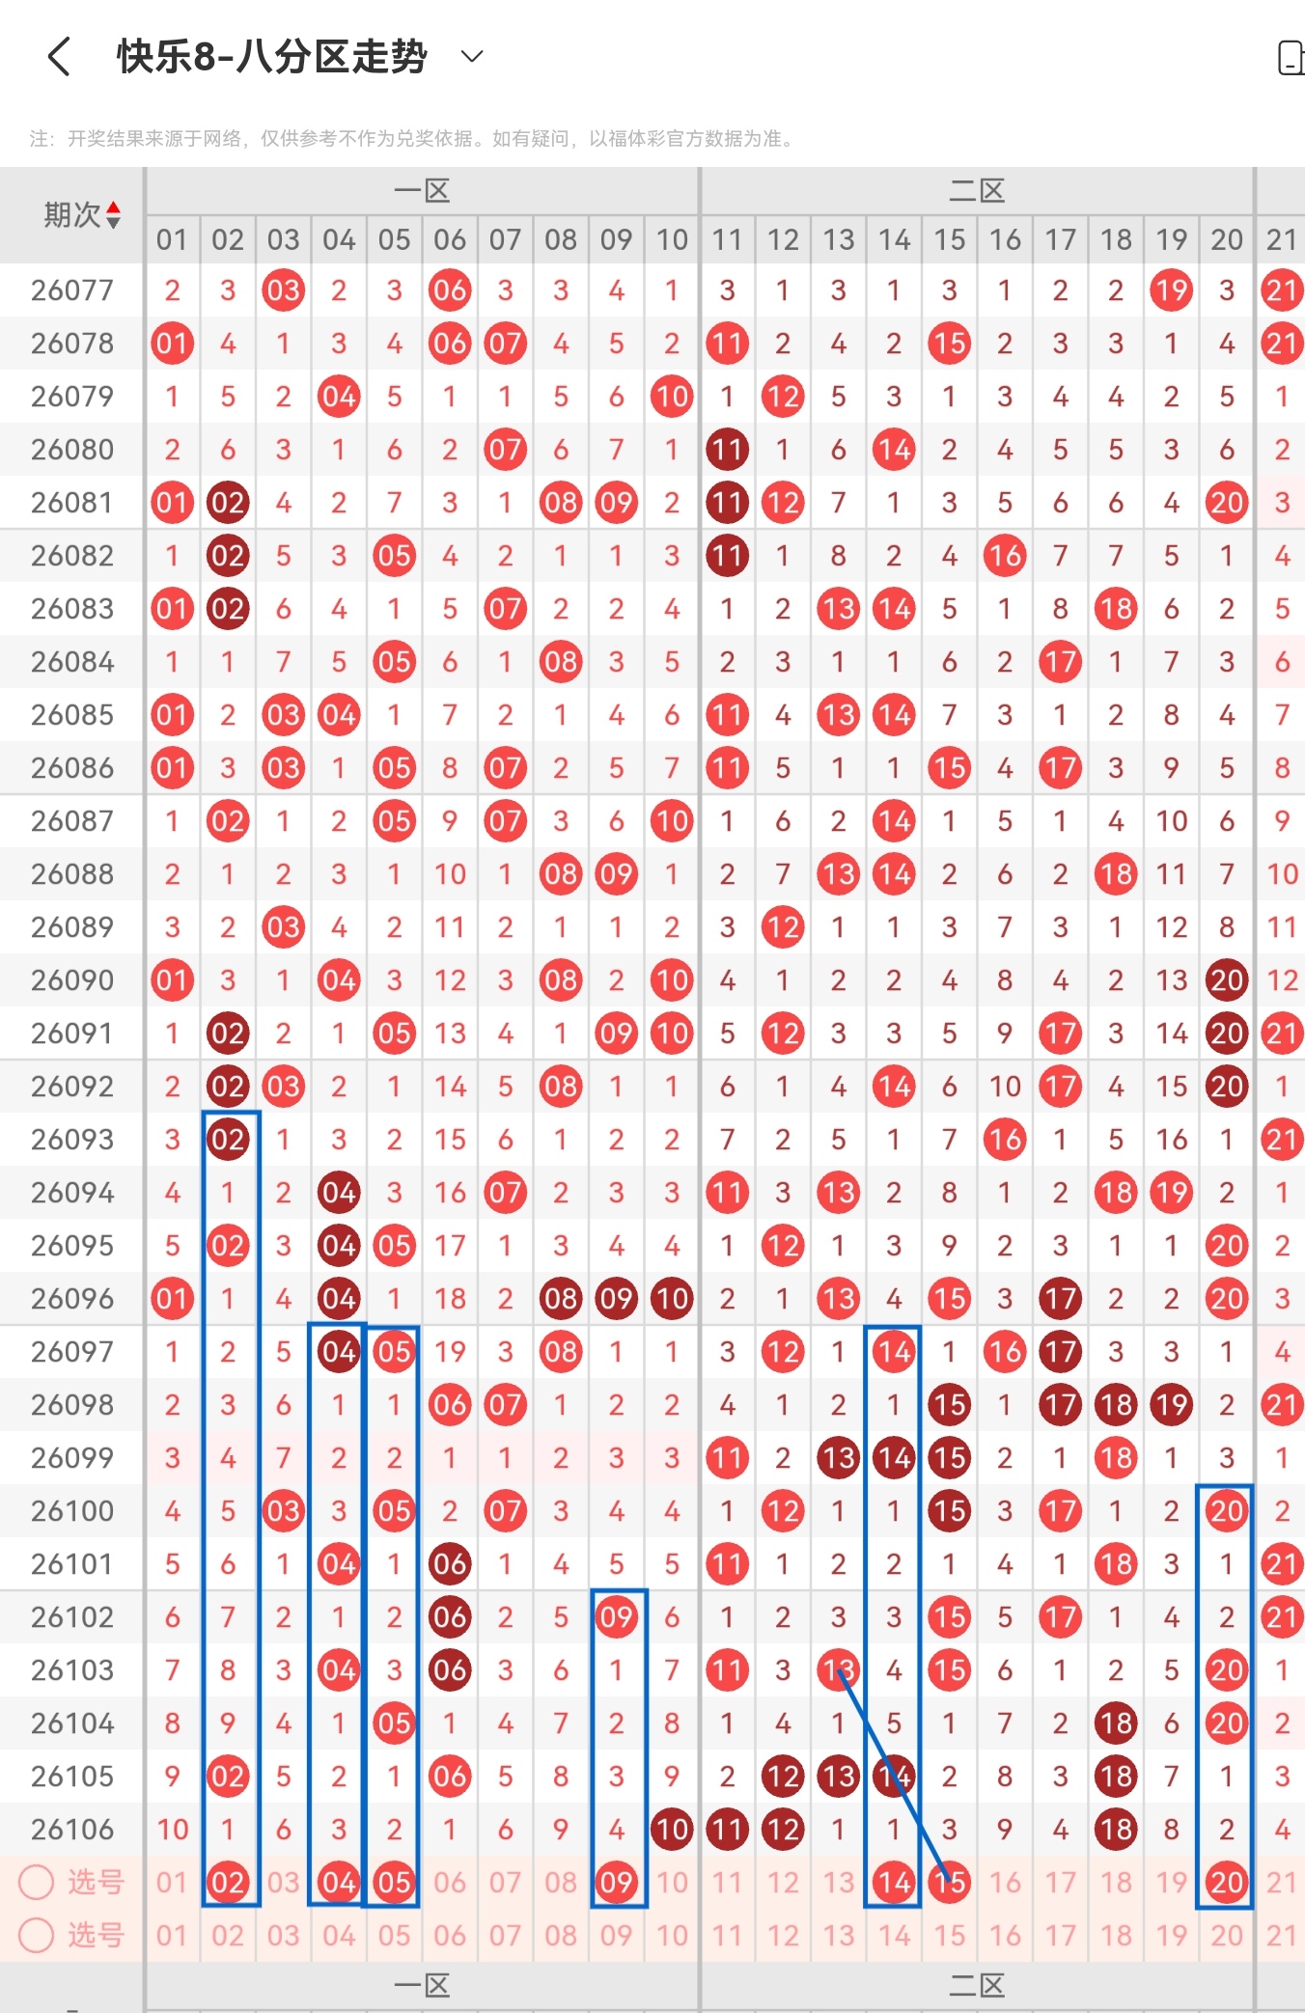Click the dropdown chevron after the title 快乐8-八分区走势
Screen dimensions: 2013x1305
pos(471,57)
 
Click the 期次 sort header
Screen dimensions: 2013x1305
pos(82,214)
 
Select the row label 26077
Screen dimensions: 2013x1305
pos(72,290)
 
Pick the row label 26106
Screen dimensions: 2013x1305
pos(72,1830)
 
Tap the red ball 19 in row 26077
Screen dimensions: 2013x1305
pos(1171,290)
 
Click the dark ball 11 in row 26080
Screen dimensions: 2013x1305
pos(727,450)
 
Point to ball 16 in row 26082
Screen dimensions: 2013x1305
pos(1005,556)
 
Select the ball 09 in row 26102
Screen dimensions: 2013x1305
pos(616,1617)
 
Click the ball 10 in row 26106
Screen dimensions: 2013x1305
pos(672,1830)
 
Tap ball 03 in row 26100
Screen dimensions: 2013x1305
pos(284,1511)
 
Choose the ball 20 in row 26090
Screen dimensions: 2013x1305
pos(1227,980)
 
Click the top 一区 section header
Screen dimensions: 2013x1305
pos(422,191)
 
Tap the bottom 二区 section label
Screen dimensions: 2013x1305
pos(977,1986)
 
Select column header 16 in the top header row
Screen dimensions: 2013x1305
pos(1005,239)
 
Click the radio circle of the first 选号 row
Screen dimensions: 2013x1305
pos(37,1882)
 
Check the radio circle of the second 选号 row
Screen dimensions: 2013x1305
pos(37,1935)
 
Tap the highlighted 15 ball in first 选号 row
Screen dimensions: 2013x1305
pos(950,1882)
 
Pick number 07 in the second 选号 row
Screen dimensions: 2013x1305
pos(505,1935)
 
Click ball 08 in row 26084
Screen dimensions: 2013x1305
pos(561,662)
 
